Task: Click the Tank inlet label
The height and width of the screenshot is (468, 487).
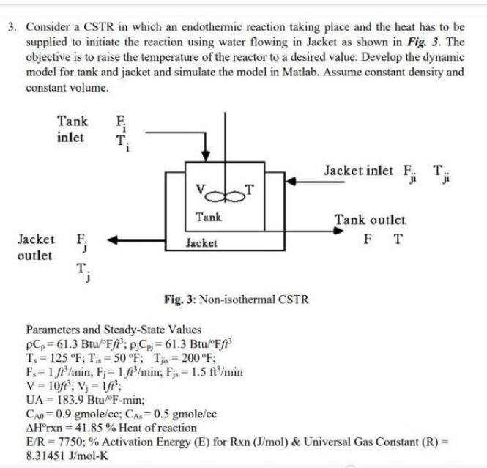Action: click(x=72, y=129)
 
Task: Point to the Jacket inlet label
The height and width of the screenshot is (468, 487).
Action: click(x=355, y=171)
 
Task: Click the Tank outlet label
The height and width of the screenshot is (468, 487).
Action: click(x=369, y=219)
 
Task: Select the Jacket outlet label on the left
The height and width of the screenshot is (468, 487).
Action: click(x=36, y=248)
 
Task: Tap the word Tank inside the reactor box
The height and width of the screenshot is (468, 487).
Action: click(x=209, y=218)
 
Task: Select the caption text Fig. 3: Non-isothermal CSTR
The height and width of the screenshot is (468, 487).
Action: click(x=236, y=300)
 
